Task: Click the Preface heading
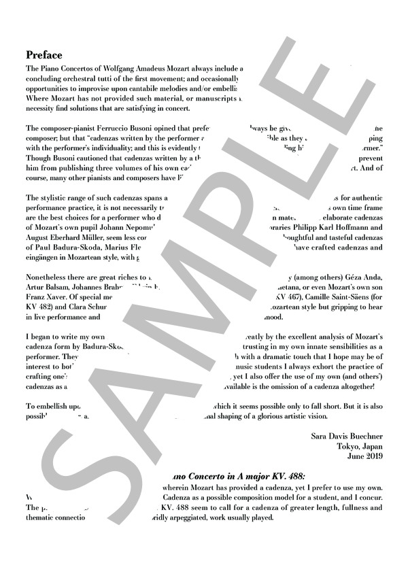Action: click(44, 54)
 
